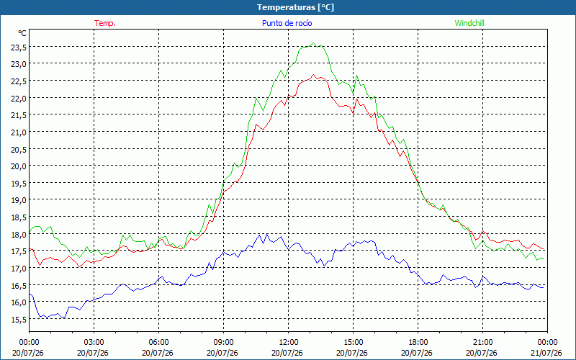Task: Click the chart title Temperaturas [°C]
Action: pyautogui.click(x=295, y=7)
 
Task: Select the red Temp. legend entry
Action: pyautogui.click(x=105, y=23)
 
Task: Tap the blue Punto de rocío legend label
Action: pyautogui.click(x=287, y=23)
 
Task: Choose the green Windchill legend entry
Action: pyautogui.click(x=469, y=23)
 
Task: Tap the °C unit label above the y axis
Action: pyautogui.click(x=22, y=33)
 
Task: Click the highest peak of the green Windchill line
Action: pyautogui.click(x=313, y=43)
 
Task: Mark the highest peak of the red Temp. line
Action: pyautogui.click(x=313, y=75)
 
